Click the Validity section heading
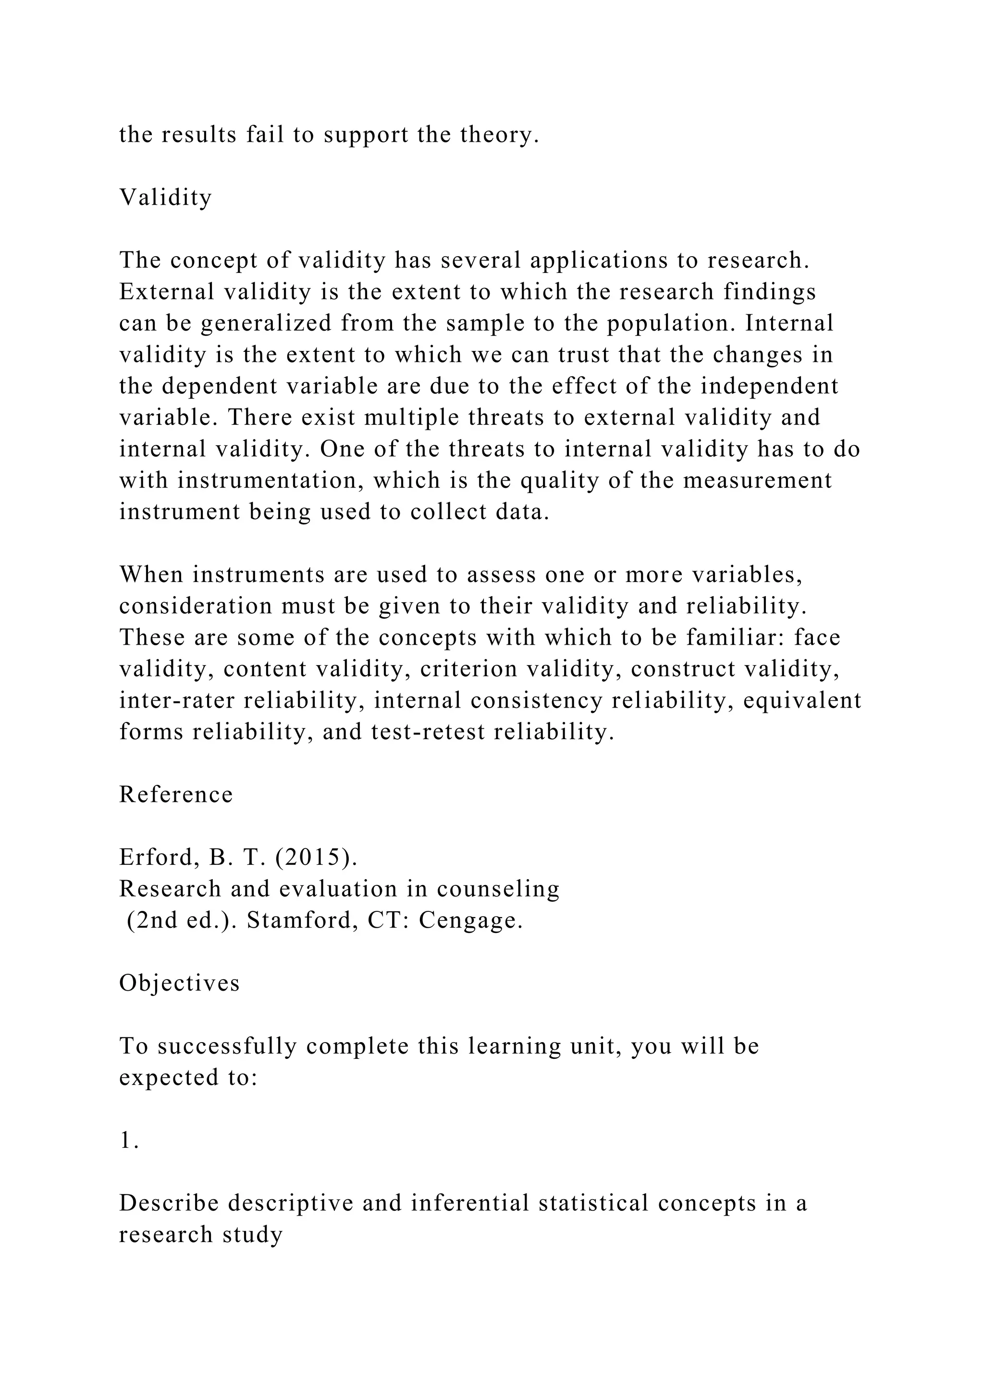(x=165, y=198)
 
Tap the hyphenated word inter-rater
(x=177, y=700)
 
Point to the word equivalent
(x=801, y=700)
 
